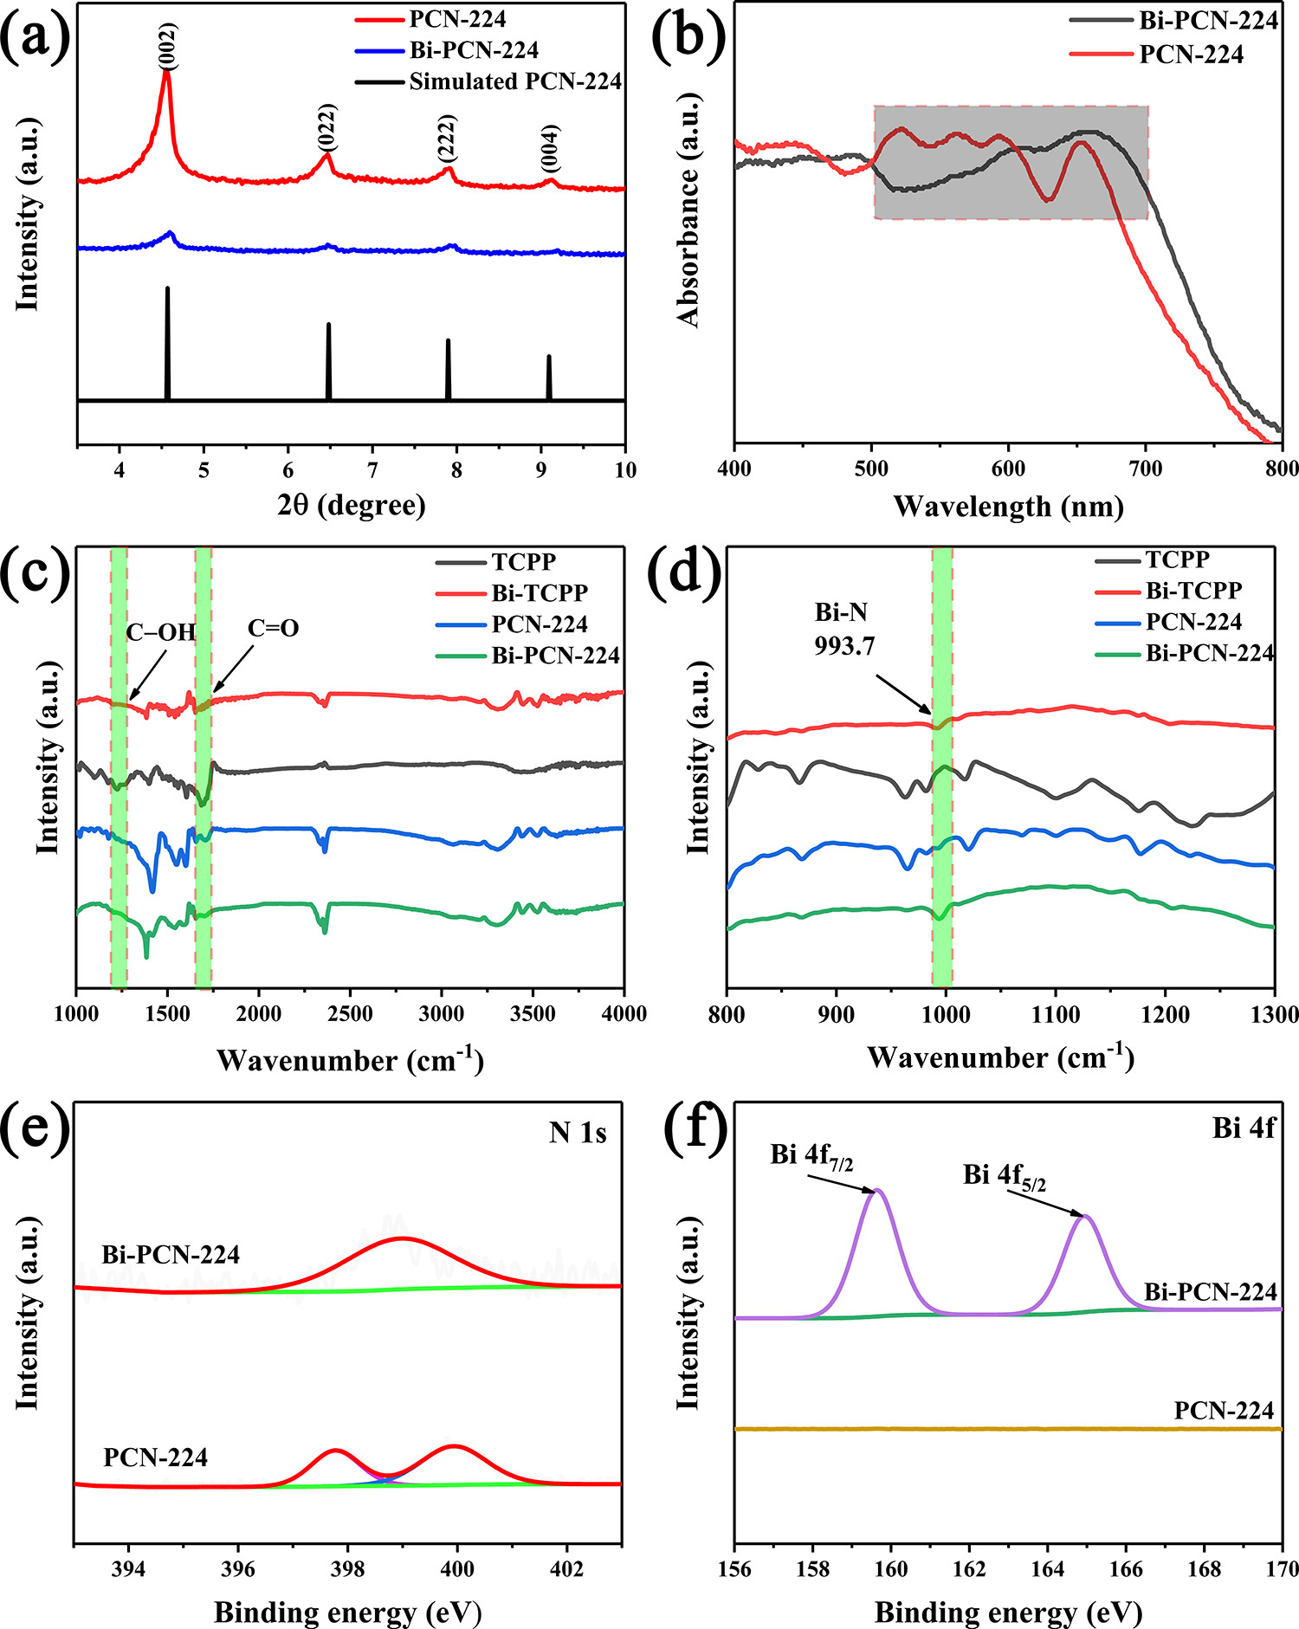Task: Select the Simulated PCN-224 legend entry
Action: pyautogui.click(x=515, y=81)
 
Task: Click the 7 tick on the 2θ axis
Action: pyautogui.click(x=372, y=470)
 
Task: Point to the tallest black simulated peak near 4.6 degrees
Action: pyautogui.click(x=167, y=290)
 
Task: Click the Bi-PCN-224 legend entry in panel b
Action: pyautogui.click(x=1208, y=21)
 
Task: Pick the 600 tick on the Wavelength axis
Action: pyautogui.click(x=1009, y=469)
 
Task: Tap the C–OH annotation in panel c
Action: pyautogui.click(x=161, y=632)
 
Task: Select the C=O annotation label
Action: pyautogui.click(x=274, y=628)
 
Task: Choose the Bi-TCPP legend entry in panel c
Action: pyautogui.click(x=540, y=593)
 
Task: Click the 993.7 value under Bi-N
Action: pyautogui.click(x=844, y=645)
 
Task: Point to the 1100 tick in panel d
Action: pyautogui.click(x=1056, y=1012)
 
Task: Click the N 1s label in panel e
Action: pyautogui.click(x=578, y=1133)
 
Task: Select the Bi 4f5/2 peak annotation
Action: pyautogui.click(x=1005, y=1177)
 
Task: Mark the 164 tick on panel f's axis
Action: pyautogui.click(x=1048, y=1568)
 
